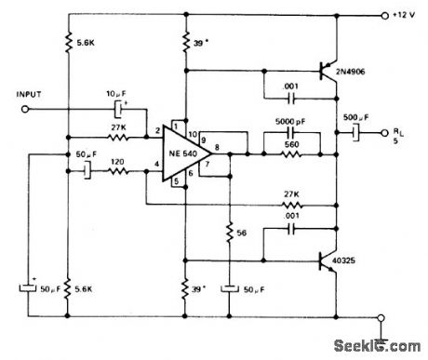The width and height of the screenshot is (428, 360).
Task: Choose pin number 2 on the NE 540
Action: coord(159,132)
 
